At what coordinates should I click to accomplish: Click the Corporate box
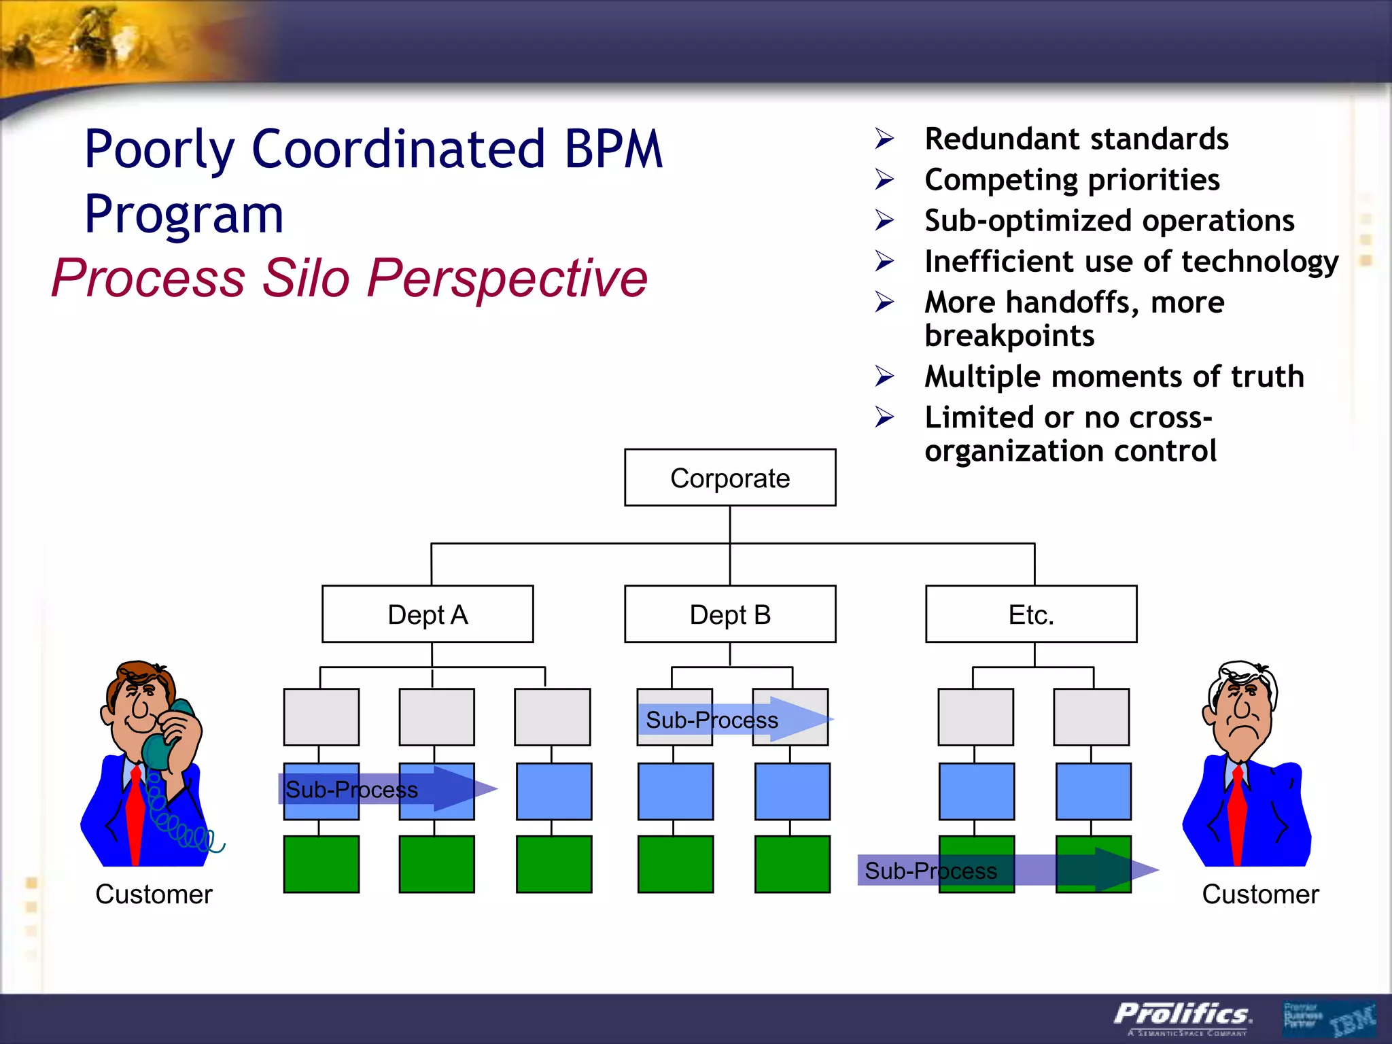tap(730, 478)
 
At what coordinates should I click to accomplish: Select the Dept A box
tap(428, 614)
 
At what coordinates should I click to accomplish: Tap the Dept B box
tap(730, 614)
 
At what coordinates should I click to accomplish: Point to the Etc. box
tap(1030, 614)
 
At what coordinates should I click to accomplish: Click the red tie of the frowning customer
tap(1237, 816)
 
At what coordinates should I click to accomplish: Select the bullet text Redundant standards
tap(1076, 139)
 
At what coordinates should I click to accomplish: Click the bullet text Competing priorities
tap(1072, 180)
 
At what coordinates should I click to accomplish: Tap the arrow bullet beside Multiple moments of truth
tap(884, 376)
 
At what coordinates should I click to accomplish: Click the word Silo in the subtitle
tap(306, 278)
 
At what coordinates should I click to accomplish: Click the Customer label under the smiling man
tap(154, 894)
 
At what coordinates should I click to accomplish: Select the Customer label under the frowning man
tap(1260, 894)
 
